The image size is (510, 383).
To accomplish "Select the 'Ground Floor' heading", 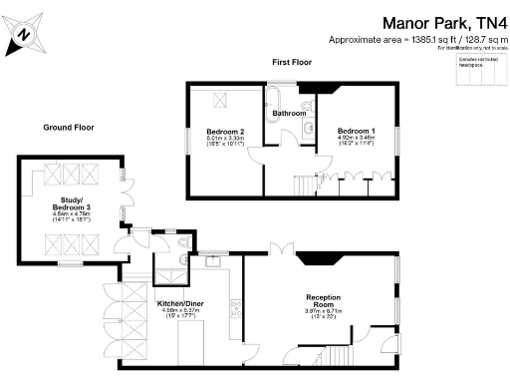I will click(68, 128).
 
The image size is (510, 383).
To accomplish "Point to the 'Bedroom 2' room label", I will click(225, 132).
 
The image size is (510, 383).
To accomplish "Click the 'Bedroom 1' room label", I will click(357, 132).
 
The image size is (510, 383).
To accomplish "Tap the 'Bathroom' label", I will click(290, 114).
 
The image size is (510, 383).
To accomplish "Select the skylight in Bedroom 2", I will click(217, 99).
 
